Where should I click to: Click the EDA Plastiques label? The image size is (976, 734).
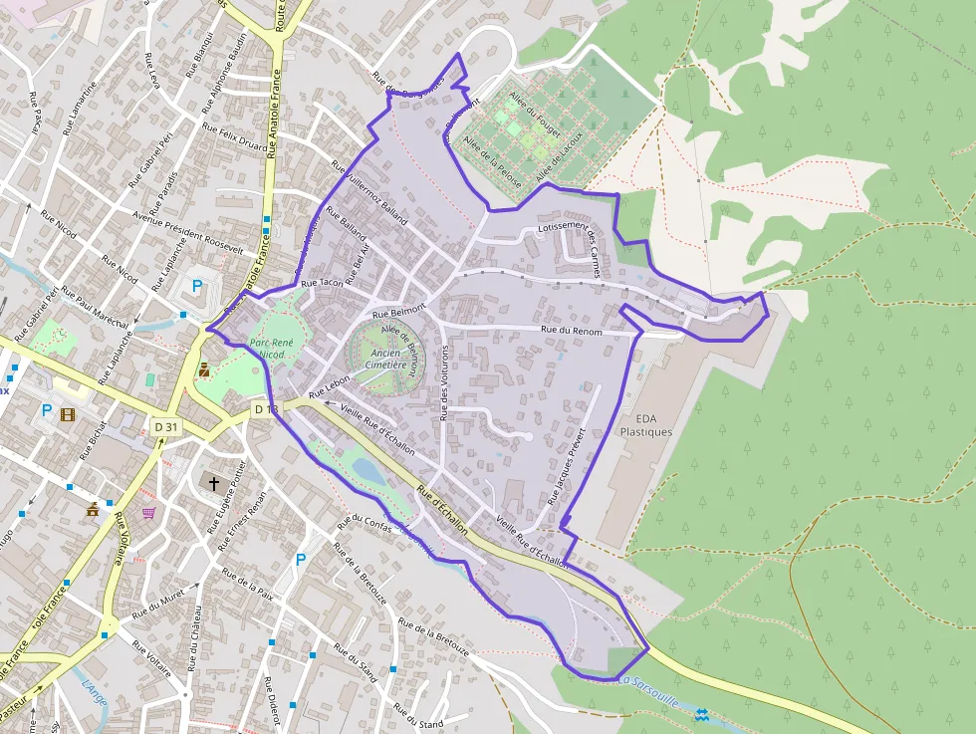click(645, 425)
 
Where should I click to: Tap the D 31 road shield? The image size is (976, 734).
click(166, 427)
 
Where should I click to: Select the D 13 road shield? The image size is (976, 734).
click(265, 409)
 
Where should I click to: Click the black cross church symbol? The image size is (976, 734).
click(213, 483)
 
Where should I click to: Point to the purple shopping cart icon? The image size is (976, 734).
click(148, 513)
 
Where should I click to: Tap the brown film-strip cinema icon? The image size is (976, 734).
click(67, 414)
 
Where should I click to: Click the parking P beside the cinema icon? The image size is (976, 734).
click(46, 410)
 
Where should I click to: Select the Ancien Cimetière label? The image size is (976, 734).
click(388, 359)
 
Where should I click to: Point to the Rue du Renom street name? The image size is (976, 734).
click(572, 330)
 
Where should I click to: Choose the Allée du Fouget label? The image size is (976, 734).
click(535, 115)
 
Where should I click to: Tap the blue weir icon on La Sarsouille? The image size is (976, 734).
click(703, 714)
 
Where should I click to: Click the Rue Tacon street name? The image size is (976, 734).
click(322, 284)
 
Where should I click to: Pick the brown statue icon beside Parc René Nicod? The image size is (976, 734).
click(204, 369)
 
